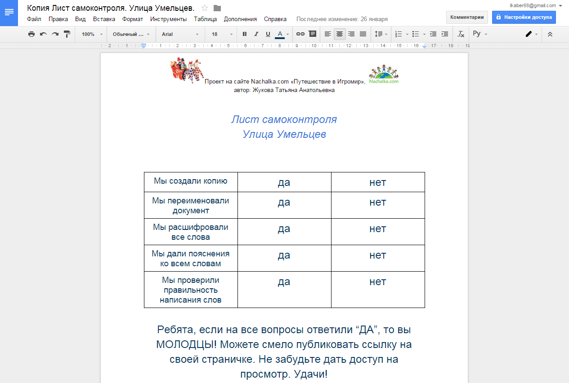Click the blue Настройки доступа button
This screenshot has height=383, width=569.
pos(524,17)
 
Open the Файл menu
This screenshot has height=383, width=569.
pos(34,19)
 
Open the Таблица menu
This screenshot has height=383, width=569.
pos(205,19)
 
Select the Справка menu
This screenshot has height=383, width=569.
pos(275,19)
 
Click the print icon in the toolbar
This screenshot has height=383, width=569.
pos(31,34)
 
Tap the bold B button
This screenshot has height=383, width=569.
pos(245,34)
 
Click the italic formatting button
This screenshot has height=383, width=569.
pos(256,34)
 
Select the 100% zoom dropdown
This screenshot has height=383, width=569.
pos(92,34)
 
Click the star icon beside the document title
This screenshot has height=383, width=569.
pos(205,8)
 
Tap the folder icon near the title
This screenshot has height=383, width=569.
pos(217,8)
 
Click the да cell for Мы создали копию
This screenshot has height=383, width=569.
pos(284,182)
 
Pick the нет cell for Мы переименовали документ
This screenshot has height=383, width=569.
pos(378,203)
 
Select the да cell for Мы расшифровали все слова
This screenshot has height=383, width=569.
pos(284,229)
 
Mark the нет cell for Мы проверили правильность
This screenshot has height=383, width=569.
pos(378,282)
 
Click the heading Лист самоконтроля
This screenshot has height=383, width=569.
pos(284,119)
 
